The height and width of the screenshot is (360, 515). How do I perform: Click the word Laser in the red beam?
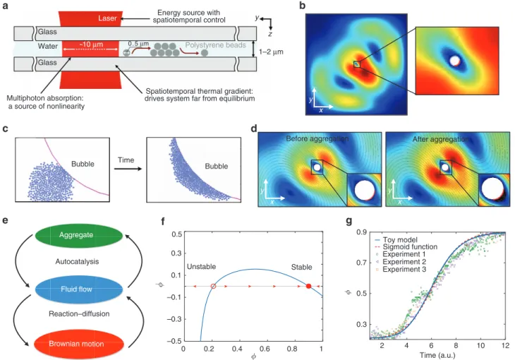[107, 18]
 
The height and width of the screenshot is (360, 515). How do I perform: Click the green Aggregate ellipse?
[79, 235]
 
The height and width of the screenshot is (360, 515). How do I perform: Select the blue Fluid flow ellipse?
[79, 289]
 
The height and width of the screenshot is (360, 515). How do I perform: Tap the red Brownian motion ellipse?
[79, 344]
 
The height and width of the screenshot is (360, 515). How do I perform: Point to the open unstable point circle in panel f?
[213, 287]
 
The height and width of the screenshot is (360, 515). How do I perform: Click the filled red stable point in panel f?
[308, 287]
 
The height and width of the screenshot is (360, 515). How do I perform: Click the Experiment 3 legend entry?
[400, 269]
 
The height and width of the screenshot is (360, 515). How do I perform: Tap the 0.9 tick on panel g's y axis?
[362, 232]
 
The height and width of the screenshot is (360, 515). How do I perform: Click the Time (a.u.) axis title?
[437, 355]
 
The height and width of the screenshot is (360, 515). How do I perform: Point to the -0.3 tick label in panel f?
[174, 319]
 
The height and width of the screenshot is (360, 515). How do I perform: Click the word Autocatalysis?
[77, 262]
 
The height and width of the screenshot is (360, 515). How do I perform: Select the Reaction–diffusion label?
[79, 314]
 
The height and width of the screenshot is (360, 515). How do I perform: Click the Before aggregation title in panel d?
[317, 138]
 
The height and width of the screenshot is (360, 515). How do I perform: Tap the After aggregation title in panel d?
[441, 139]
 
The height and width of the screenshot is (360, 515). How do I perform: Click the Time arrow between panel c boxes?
[128, 169]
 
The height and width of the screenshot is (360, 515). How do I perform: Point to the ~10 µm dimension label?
[91, 44]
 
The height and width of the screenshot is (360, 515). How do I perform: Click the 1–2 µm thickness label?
[271, 52]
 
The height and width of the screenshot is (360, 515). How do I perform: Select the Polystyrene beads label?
[215, 45]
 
